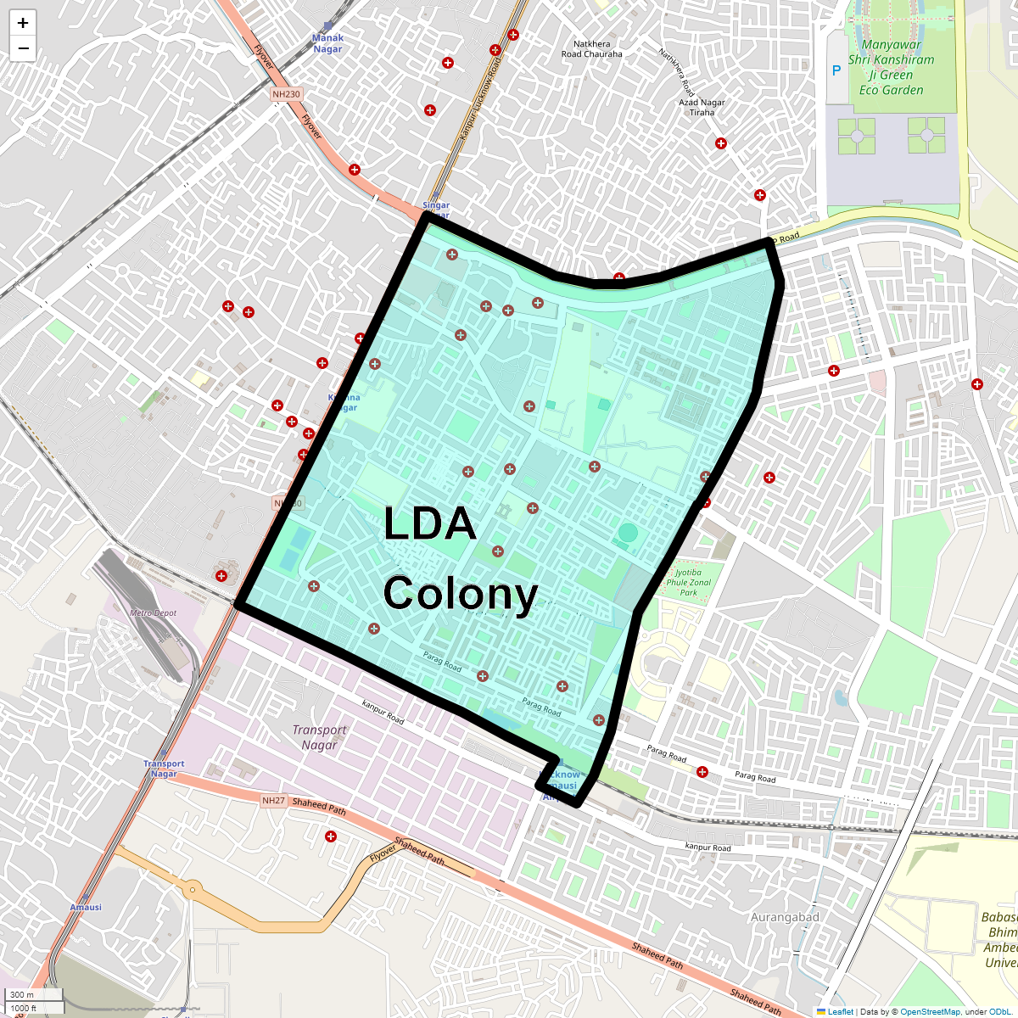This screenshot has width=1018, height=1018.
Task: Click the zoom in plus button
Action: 23,23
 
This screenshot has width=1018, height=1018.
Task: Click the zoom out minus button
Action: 23,48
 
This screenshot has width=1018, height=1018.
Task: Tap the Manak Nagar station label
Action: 327,43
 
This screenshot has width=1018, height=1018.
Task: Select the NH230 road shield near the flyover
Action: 286,94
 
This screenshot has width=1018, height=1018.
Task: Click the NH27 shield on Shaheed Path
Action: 273,801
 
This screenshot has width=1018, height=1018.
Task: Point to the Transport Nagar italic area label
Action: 319,737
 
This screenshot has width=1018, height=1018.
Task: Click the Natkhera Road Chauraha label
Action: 591,49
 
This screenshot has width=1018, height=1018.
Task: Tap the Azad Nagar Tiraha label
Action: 702,107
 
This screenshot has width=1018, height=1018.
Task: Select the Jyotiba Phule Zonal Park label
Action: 689,582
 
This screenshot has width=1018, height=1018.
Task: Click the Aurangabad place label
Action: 785,917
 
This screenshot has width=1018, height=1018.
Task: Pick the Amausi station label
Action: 86,907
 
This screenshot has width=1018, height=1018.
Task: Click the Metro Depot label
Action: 153,612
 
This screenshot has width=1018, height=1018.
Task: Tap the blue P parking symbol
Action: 836,71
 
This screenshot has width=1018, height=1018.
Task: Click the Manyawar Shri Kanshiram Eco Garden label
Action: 891,67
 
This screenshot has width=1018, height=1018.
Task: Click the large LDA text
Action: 429,524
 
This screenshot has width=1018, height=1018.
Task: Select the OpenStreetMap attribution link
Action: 930,1011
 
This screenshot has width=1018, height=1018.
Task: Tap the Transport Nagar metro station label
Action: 164,769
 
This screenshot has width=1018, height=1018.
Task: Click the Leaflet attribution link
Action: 840,1011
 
